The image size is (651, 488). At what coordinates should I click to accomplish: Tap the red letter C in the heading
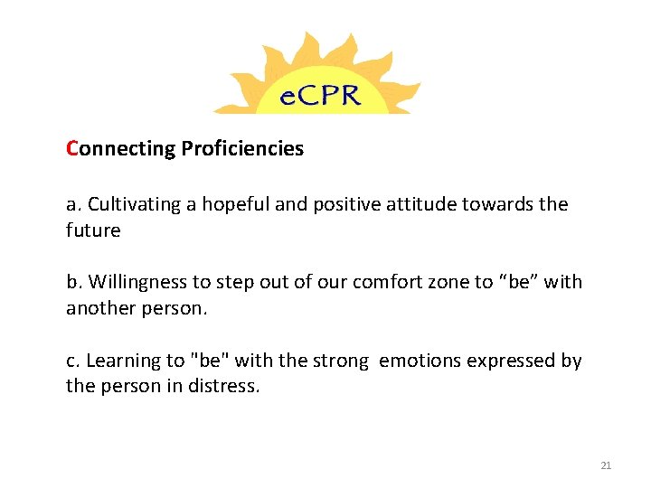72,148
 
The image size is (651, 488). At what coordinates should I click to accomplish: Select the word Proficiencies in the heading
242,148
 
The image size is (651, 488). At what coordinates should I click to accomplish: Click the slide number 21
606,465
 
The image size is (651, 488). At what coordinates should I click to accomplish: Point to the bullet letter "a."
74,204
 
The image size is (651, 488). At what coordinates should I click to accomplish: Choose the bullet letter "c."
74,361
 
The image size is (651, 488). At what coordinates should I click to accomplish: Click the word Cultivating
132,204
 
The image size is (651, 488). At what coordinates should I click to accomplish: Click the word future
93,230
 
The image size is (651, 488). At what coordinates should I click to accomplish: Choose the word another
99,308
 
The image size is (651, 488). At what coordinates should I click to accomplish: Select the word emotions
420,361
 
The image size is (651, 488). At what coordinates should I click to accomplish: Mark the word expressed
512,361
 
